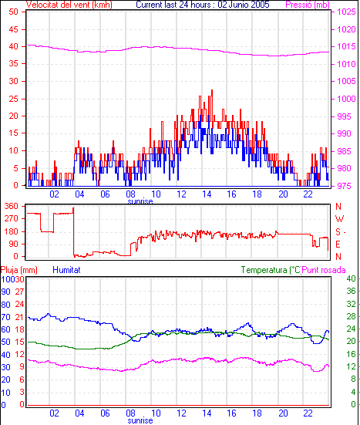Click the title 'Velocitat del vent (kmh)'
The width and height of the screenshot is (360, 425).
click(69, 5)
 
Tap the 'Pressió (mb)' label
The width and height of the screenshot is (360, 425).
click(308, 5)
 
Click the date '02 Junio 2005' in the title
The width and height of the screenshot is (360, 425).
click(244, 5)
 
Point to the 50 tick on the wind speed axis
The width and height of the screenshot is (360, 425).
click(13, 12)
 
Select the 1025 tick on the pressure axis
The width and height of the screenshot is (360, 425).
click(346, 12)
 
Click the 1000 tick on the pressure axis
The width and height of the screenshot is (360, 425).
click(346, 99)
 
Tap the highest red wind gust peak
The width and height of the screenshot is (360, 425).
click(212, 90)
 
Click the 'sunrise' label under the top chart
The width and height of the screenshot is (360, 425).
click(140, 201)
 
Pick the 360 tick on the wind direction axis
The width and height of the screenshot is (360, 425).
click(12, 206)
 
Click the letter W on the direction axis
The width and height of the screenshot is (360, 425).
click(339, 218)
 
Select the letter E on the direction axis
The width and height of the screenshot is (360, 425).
click(338, 245)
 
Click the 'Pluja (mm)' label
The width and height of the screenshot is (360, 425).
click(19, 270)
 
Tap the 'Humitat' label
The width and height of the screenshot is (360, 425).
click(66, 270)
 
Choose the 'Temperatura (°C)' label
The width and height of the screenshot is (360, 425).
click(271, 270)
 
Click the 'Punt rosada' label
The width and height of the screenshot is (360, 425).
click(324, 270)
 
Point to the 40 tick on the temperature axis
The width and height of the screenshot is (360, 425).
click(351, 278)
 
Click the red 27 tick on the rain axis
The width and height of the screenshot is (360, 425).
click(19, 292)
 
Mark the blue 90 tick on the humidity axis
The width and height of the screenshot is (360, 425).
click(5, 292)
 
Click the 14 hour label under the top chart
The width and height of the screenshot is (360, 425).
click(207, 194)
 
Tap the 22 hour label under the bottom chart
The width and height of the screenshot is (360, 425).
click(308, 413)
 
